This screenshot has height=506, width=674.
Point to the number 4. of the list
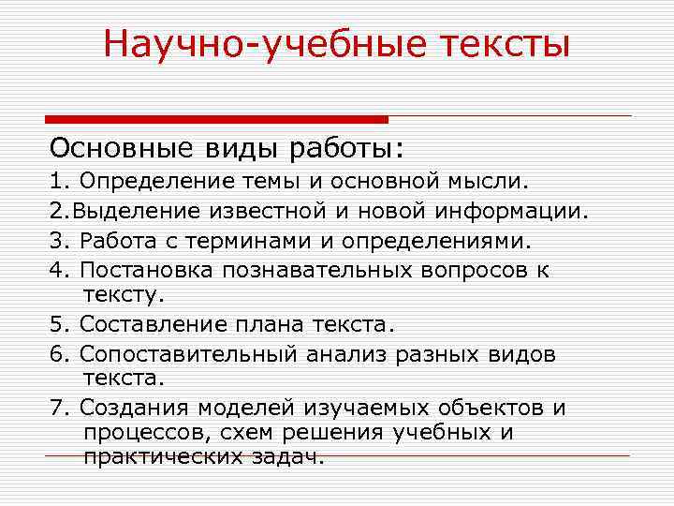pyautogui.click(x=61, y=271)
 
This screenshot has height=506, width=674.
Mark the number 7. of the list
pyautogui.click(x=61, y=409)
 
